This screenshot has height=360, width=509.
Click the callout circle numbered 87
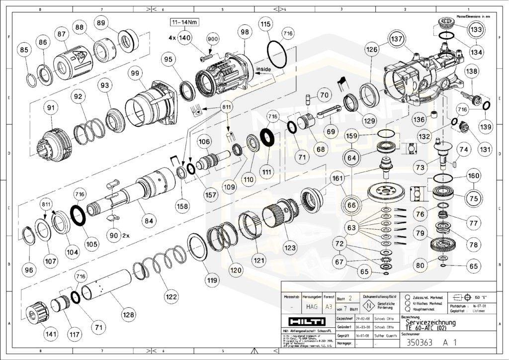[x=62, y=34]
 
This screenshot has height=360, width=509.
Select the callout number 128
[x=129, y=314]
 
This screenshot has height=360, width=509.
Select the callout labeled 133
[x=476, y=30]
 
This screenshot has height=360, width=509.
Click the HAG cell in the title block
[x=311, y=307]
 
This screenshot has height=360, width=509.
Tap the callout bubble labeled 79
[x=421, y=233]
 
